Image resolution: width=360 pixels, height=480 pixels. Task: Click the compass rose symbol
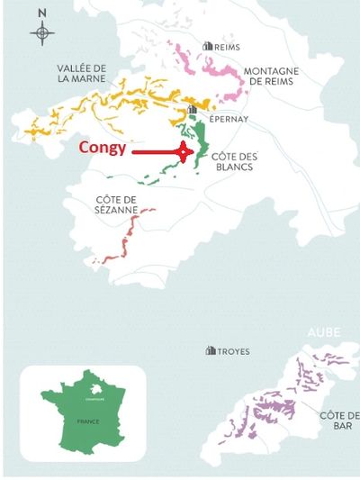[41, 34]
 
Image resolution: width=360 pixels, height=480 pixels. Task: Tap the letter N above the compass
[41, 14]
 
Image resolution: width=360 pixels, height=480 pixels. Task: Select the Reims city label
[230, 45]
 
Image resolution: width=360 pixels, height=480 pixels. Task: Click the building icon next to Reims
[209, 45]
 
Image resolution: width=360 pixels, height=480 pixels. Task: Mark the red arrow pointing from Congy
[158, 153]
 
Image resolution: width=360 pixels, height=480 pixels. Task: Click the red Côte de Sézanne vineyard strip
[129, 239]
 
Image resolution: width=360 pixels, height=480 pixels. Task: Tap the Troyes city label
[233, 351]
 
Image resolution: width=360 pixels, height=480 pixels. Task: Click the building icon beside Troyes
[211, 350]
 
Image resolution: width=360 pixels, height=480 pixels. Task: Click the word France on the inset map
[87, 421]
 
